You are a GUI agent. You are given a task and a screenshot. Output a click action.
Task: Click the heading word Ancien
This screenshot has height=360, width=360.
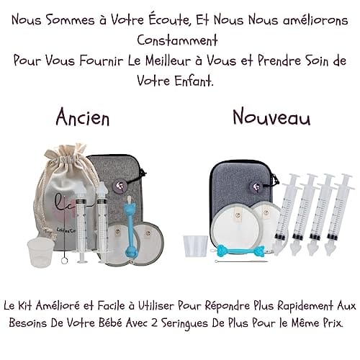click(x=83, y=117)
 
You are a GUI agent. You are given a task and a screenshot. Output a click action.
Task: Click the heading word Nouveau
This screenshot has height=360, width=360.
click(x=271, y=117)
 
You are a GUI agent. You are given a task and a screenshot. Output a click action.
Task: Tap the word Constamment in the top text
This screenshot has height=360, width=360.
click(x=177, y=40)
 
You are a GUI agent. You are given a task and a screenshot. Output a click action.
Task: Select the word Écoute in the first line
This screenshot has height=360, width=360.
click(x=168, y=20)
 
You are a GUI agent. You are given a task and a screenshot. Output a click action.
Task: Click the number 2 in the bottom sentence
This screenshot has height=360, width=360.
click(x=156, y=323)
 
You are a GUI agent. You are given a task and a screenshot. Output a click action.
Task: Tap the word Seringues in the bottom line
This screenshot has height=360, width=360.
click(x=185, y=323)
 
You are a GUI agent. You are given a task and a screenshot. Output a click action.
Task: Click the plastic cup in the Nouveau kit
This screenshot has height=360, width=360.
click(x=196, y=246)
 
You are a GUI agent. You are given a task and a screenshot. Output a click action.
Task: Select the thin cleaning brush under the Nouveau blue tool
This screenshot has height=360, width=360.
click(x=241, y=261)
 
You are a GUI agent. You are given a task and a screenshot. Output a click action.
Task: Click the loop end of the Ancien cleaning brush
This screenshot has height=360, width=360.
click(x=64, y=261)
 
